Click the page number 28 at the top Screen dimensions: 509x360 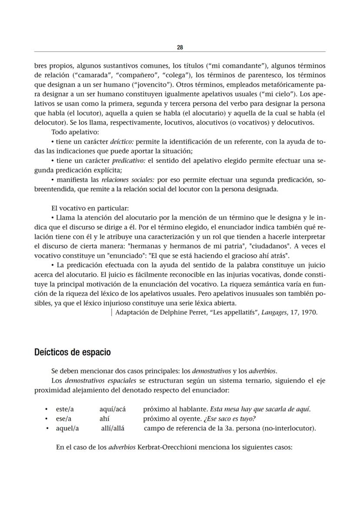tap(180, 47)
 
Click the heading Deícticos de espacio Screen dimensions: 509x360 tap(72, 352)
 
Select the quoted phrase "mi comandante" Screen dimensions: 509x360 tap(239, 66)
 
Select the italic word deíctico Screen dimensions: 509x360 tap(123, 142)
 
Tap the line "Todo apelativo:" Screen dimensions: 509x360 tap(75, 132)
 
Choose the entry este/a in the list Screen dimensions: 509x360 tap(65, 409)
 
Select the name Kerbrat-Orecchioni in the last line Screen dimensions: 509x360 tap(168, 447)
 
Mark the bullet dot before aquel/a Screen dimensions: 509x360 tap(46, 428)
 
